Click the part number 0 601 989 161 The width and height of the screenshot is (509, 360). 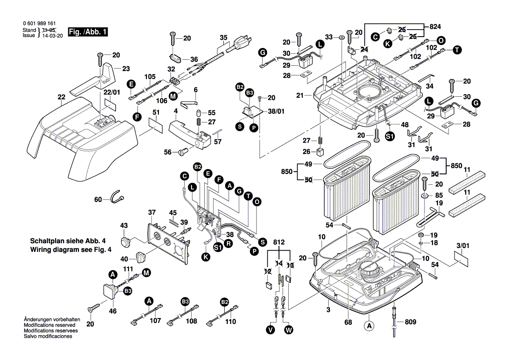click(39, 24)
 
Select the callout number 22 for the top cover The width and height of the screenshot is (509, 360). click(61, 97)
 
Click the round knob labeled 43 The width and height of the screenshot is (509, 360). click(126, 241)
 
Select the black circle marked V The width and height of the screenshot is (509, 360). click(271, 330)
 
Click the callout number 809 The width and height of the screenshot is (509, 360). click(410, 322)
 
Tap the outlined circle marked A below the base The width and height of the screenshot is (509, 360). click(369, 325)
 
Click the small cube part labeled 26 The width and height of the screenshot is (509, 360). click(320, 153)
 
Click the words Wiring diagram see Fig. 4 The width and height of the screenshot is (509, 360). click(71, 250)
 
